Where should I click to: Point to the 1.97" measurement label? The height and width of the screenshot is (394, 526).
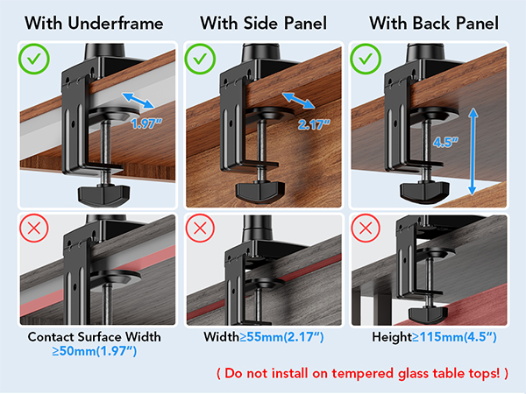pyautogui.click(x=147, y=123)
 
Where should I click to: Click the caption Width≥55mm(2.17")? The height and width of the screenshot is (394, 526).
pyautogui.click(x=262, y=336)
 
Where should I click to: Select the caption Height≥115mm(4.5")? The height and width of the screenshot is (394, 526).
pyautogui.click(x=435, y=336)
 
